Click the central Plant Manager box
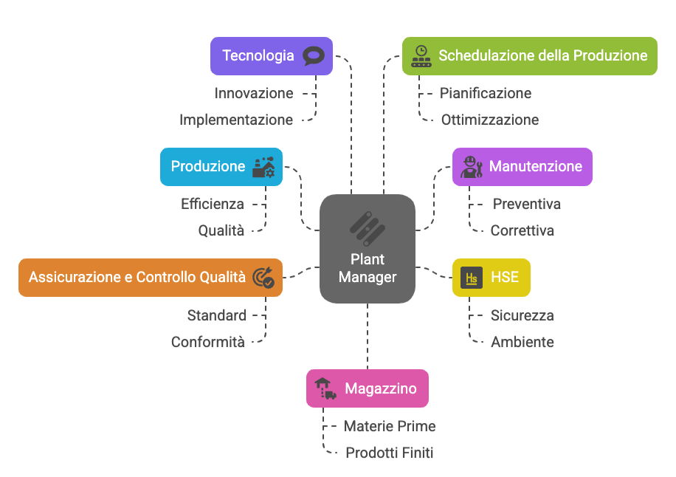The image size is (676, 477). click(x=368, y=249)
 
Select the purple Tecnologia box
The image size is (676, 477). click(x=271, y=56)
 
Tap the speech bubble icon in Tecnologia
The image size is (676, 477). click(x=314, y=56)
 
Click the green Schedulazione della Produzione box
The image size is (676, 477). click(x=530, y=56)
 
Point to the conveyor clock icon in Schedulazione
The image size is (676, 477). click(x=421, y=56)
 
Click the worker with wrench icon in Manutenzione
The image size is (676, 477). click(x=471, y=167)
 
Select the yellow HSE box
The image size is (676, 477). click(x=491, y=278)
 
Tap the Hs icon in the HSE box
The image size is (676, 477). click(x=471, y=278)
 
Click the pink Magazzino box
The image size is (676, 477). click(x=368, y=388)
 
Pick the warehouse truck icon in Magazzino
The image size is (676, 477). click(x=325, y=388)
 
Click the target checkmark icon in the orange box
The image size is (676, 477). click(x=263, y=278)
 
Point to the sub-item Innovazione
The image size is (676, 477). click(x=254, y=94)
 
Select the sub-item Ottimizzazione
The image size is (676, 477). click(x=490, y=120)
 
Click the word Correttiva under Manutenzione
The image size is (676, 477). click(x=522, y=231)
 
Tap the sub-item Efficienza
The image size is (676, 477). click(x=213, y=205)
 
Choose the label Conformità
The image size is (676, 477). click(x=207, y=343)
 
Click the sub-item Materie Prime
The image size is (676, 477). click(x=390, y=427)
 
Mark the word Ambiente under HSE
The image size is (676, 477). click(x=522, y=343)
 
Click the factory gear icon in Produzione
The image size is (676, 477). click(x=263, y=167)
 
